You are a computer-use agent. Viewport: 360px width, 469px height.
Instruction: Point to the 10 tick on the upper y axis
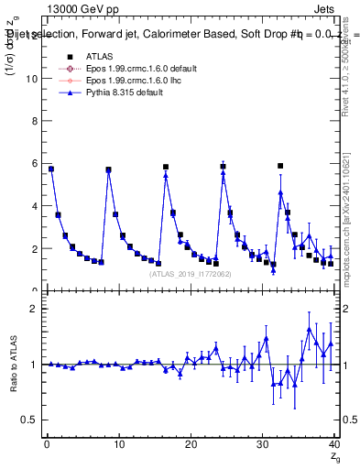(x=32, y=79)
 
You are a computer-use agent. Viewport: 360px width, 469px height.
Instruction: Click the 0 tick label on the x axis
(x=47, y=444)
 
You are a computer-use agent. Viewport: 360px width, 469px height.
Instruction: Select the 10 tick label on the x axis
(x=119, y=444)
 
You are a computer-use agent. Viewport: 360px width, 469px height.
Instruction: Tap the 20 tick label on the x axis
(x=191, y=444)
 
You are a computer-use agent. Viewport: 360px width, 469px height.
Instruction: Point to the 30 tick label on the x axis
(x=264, y=444)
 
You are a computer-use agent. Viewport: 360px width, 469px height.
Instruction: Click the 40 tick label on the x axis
(x=335, y=444)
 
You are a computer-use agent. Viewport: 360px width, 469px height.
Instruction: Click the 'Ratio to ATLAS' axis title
(x=14, y=364)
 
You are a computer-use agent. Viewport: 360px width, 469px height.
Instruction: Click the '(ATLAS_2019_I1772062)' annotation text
(x=191, y=273)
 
